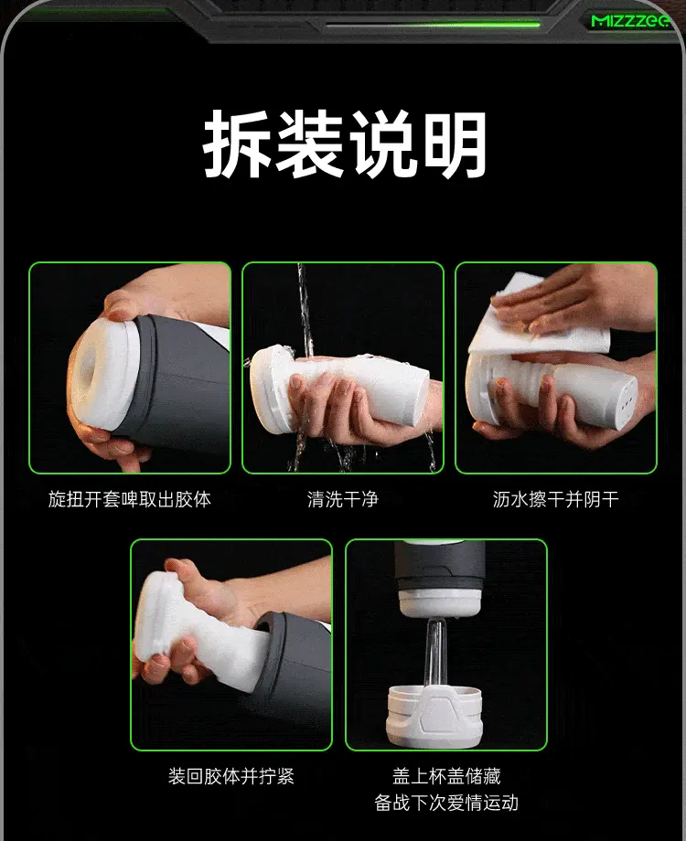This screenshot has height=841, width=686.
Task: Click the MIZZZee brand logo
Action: click(630, 20)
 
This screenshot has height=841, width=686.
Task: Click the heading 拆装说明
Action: click(345, 144)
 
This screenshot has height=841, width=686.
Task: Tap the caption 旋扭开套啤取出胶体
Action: click(129, 499)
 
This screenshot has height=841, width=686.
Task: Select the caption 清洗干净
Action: click(343, 499)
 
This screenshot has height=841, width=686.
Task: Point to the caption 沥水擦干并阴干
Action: click(556, 499)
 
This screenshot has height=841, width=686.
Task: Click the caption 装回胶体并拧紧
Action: click(231, 776)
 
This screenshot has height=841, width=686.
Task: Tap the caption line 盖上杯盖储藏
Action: click(446, 776)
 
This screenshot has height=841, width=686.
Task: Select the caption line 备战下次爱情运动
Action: click(446, 803)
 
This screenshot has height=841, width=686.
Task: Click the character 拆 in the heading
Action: click(237, 144)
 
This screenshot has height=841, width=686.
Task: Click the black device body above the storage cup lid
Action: click(440, 570)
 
